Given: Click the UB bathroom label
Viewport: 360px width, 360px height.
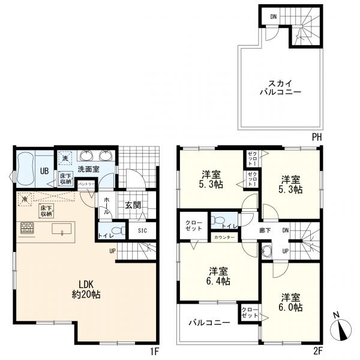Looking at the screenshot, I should coord(44,170).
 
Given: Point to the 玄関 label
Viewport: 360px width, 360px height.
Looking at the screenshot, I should coord(133,205).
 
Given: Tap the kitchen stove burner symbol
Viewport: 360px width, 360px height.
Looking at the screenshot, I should coord(27,229).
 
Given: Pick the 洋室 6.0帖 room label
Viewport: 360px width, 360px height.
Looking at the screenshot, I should coord(289,301).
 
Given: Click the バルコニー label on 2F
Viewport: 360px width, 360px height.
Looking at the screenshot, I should coord(209,323).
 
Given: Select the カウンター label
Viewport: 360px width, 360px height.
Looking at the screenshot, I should coord(224,238).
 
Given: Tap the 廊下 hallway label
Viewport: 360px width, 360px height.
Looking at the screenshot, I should coord(265,229).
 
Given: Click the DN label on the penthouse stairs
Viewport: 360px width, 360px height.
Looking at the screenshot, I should coord(273,16).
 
